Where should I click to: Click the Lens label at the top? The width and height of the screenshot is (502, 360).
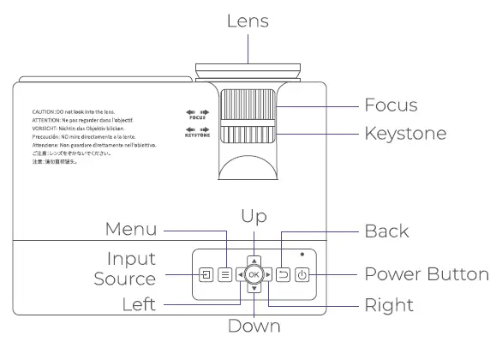click(x=248, y=21)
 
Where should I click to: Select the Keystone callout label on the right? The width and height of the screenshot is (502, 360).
click(x=405, y=135)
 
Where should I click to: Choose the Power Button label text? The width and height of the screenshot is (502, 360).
click(x=427, y=274)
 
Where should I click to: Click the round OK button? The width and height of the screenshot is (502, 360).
click(x=254, y=275)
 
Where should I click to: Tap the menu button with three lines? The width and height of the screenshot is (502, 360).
click(x=224, y=275)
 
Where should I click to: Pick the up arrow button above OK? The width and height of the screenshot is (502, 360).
click(x=254, y=259)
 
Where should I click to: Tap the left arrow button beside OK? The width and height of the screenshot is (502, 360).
click(x=239, y=275)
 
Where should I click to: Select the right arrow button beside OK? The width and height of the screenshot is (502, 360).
click(x=269, y=275)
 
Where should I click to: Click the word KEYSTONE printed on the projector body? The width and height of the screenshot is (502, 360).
click(x=196, y=135)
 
